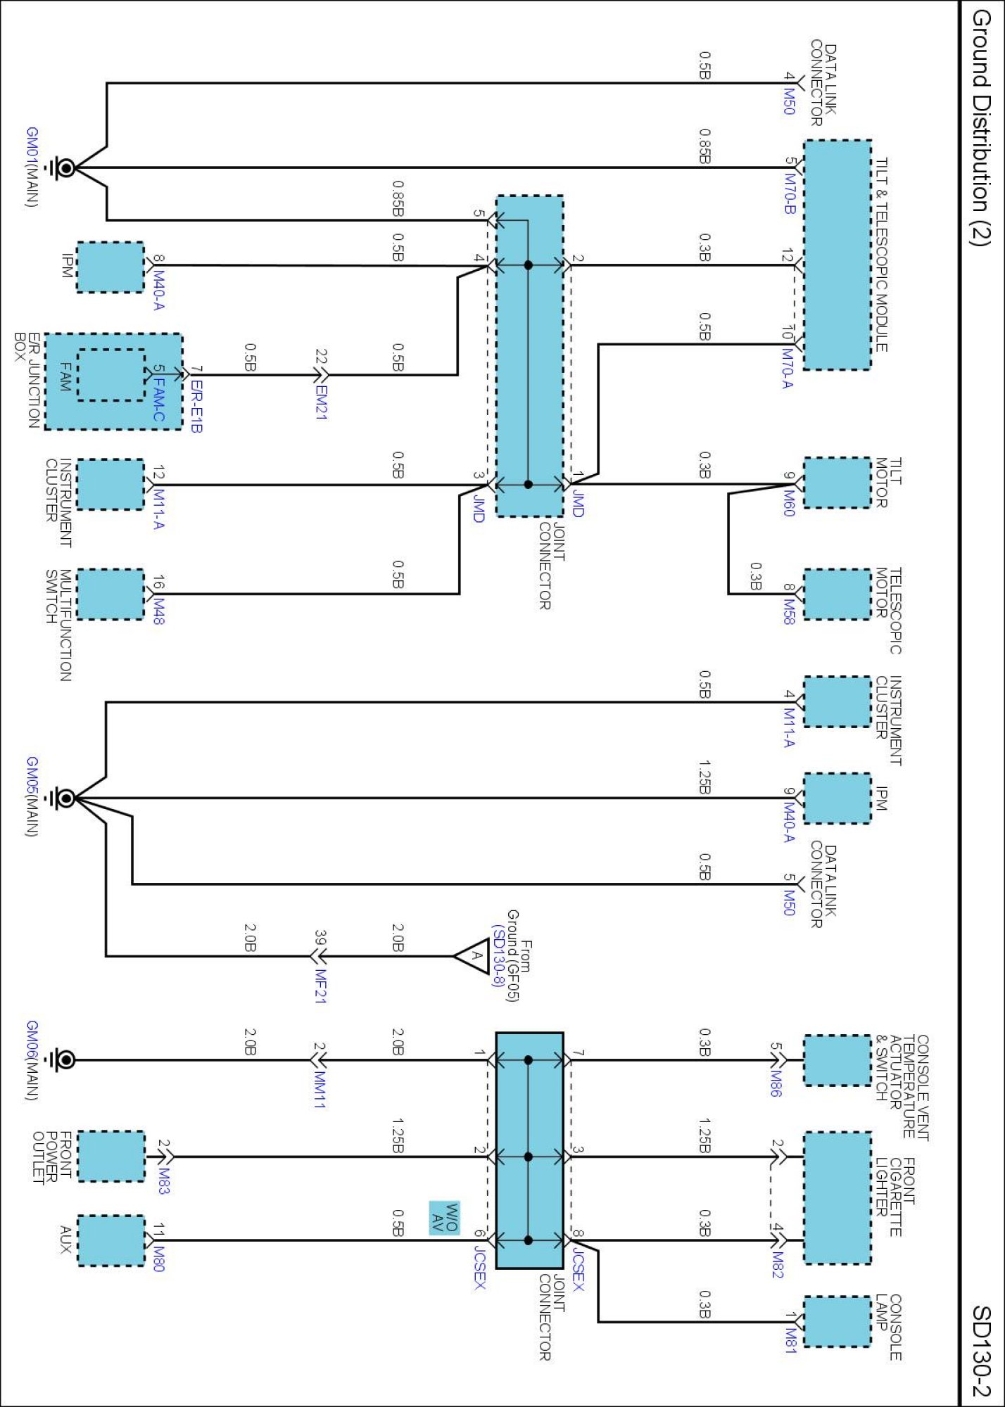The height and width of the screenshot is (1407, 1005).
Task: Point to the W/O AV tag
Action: (x=444, y=1218)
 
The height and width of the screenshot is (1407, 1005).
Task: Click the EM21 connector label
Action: (x=321, y=402)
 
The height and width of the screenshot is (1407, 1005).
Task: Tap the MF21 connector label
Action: (x=321, y=986)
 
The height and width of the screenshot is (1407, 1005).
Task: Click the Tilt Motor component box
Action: (x=837, y=483)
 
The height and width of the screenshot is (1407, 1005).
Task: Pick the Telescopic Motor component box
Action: (x=837, y=594)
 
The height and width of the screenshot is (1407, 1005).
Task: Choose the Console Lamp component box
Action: (x=837, y=1322)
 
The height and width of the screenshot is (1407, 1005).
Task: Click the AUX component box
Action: (x=110, y=1240)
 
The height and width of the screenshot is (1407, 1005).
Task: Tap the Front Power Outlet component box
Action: (x=110, y=1156)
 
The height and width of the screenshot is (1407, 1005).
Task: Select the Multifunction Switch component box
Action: (x=110, y=594)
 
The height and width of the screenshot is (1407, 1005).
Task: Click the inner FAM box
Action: (x=110, y=375)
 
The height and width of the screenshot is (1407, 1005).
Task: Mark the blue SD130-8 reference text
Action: (x=498, y=956)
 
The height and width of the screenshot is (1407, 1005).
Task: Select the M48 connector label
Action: (x=159, y=610)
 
